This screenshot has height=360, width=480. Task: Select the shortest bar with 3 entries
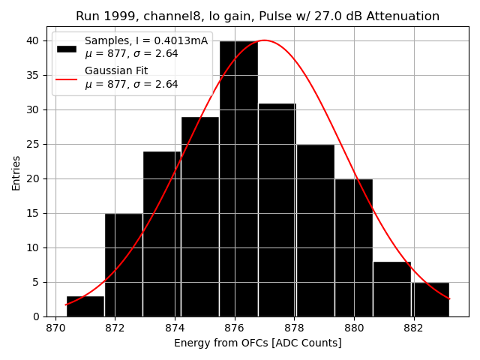point(85,306)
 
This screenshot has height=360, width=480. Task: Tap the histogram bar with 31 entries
point(277,210)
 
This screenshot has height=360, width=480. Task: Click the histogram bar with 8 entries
point(391,289)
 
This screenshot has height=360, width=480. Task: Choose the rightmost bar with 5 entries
point(430,299)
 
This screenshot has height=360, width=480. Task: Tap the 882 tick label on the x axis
point(413,328)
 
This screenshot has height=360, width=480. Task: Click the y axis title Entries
point(16,172)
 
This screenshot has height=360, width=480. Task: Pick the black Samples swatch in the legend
point(67,48)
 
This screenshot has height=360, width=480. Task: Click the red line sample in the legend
point(67,78)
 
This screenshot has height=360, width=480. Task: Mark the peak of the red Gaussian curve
point(264,40)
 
